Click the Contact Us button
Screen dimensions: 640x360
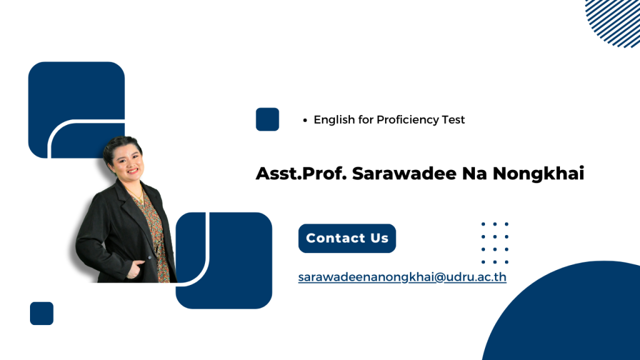pos(347,238)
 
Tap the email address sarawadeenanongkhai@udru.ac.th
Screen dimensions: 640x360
pos(402,277)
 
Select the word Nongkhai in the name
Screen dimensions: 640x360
pos(538,174)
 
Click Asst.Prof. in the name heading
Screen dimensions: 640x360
pos(301,173)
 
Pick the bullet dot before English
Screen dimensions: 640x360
pos(305,120)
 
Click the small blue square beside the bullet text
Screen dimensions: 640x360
pos(267,119)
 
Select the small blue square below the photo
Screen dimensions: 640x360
pos(42,314)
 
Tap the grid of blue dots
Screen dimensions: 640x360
pos(495,243)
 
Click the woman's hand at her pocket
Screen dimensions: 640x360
pos(136,269)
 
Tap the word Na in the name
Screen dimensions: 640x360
pos(474,174)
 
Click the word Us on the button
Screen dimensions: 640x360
pos(379,238)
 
